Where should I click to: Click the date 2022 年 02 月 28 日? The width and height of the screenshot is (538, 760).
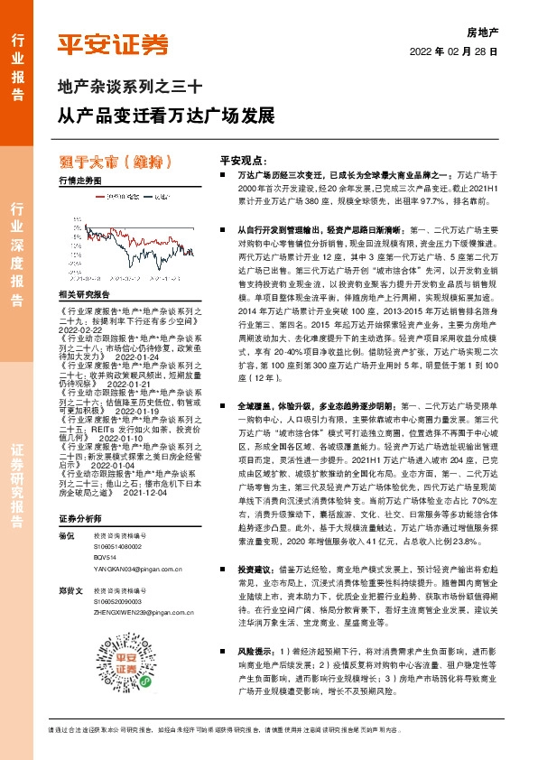point(455,51)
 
